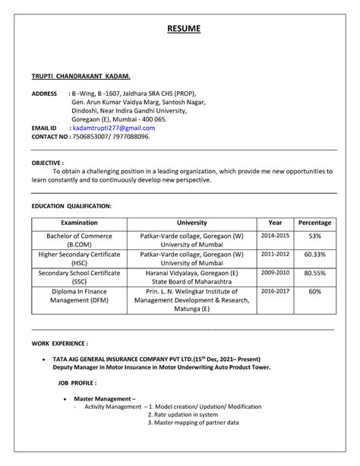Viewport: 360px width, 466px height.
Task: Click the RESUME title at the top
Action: (184, 29)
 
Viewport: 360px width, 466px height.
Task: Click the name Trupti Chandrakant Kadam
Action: (81, 77)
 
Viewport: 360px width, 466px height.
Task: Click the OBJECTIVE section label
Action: (47, 163)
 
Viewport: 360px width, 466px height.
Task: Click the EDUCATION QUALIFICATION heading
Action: (71, 206)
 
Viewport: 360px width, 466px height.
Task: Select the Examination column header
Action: (79, 223)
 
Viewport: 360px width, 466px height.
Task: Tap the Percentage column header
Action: (314, 223)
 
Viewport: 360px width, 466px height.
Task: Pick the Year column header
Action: (275, 223)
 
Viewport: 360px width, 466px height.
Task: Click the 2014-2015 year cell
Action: (275, 236)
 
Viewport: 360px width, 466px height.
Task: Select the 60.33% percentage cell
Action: (314, 255)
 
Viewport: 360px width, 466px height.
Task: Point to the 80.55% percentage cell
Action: (314, 272)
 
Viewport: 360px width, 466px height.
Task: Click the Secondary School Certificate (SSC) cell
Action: (79, 277)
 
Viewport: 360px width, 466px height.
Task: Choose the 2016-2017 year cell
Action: (275, 290)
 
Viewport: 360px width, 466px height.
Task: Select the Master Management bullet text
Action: (110, 399)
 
